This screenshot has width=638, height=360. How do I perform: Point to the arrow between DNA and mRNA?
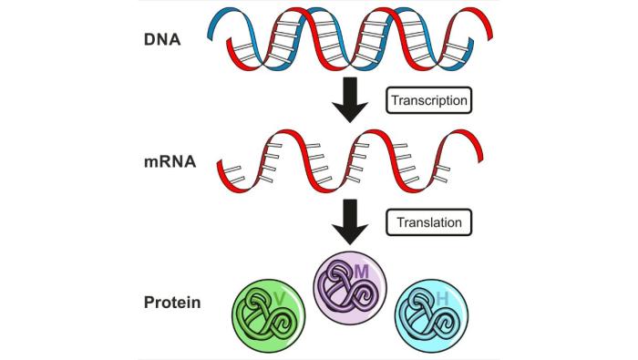[348, 98]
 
